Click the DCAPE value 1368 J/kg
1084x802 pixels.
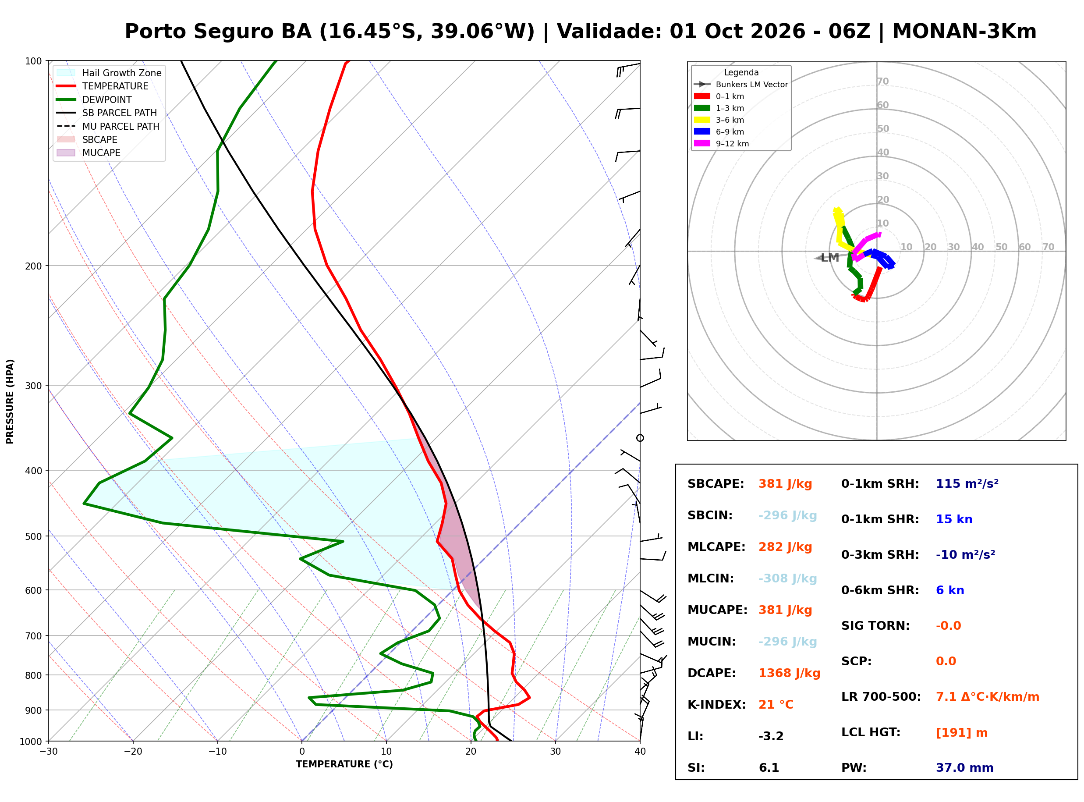click(789, 673)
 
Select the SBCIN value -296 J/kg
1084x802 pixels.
click(787, 515)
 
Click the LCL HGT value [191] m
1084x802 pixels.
click(961, 733)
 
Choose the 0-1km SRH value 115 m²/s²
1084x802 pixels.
click(967, 484)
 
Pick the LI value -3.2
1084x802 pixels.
click(771, 736)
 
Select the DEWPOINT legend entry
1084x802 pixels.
click(94, 99)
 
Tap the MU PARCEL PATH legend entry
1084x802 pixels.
click(108, 126)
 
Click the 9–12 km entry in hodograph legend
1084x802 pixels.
click(721, 144)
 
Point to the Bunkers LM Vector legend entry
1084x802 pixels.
click(740, 85)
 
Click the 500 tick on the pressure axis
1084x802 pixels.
click(33, 536)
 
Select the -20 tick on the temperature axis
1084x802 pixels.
click(132, 752)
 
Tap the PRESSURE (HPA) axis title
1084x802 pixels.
click(10, 401)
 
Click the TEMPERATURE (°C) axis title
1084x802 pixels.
click(344, 765)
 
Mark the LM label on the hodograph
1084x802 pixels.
click(830, 258)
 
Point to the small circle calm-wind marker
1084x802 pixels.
click(640, 438)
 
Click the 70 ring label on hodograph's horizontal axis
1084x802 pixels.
click(1048, 247)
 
